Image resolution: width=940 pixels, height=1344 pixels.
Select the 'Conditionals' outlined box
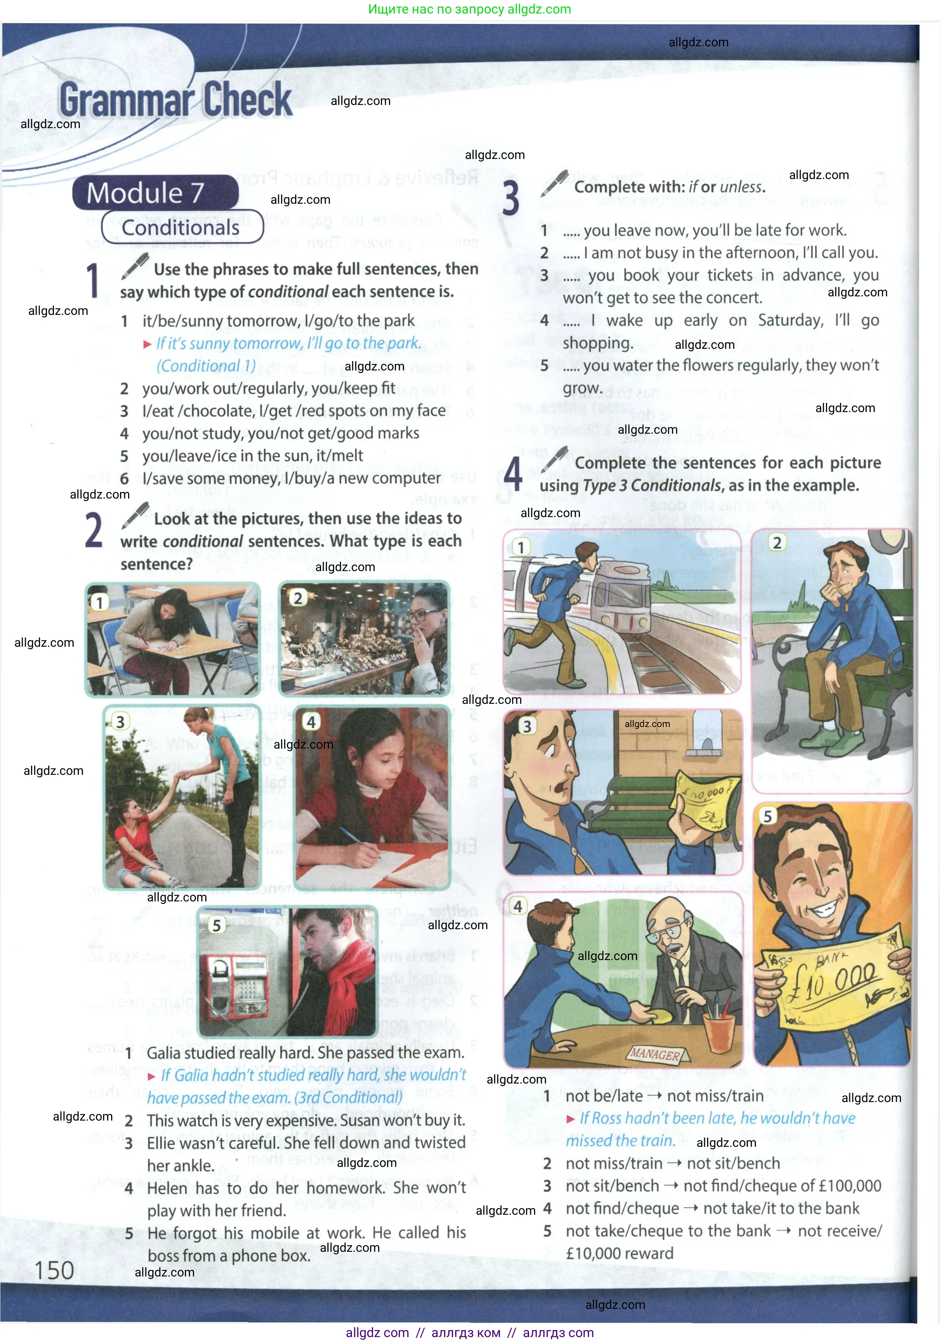pyautogui.click(x=181, y=227)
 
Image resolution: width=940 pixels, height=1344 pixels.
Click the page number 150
pyautogui.click(x=54, y=1270)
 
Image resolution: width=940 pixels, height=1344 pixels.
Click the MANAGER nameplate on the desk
pyautogui.click(x=655, y=1054)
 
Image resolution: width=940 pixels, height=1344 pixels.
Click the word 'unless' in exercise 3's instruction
pyautogui.click(x=743, y=187)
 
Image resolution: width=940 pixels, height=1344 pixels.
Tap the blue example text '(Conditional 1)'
pyautogui.click(x=206, y=366)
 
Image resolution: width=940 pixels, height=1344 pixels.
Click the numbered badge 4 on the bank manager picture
pyautogui.click(x=518, y=906)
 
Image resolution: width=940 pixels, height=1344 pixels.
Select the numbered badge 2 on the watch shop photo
pyautogui.click(x=298, y=598)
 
